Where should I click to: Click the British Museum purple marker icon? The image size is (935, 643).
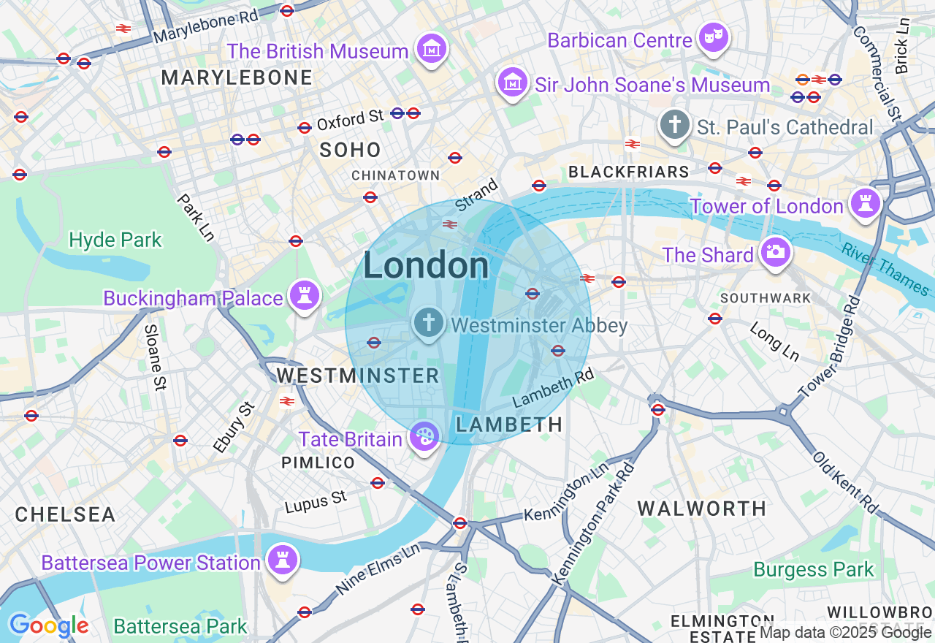(431, 49)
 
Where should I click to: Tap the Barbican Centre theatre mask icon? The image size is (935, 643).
(713, 37)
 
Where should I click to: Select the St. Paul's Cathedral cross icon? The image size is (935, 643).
(675, 125)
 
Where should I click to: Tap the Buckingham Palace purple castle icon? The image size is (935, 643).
(304, 296)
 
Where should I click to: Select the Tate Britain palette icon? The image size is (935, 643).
(424, 437)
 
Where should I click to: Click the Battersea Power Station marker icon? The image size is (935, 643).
(282, 560)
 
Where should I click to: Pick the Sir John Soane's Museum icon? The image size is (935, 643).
(513, 83)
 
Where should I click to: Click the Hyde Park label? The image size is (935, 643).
(115, 240)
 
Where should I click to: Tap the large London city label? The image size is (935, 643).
(426, 265)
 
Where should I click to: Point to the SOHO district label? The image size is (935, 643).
(351, 150)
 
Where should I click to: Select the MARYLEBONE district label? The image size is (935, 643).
(237, 77)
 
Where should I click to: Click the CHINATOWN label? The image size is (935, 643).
(395, 175)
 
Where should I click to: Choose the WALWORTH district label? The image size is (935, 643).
(702, 509)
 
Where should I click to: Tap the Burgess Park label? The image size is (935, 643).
(813, 569)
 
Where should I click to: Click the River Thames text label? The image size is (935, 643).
(885, 268)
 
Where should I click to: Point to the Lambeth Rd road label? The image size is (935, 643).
(553, 388)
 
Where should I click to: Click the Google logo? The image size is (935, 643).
(48, 625)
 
